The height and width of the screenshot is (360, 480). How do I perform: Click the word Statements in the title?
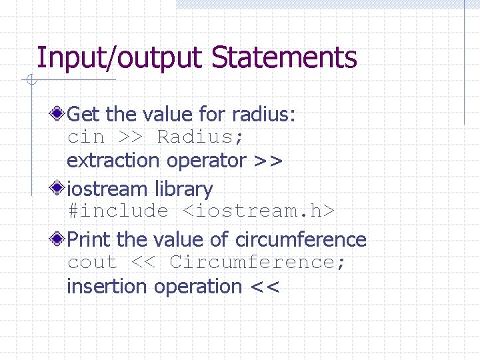click(x=284, y=58)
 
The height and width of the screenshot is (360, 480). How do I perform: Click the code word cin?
click(x=86, y=137)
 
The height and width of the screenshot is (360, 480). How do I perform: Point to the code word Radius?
click(x=200, y=137)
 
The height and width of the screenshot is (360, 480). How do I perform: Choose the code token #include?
click(x=118, y=212)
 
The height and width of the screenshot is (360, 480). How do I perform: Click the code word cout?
click(x=92, y=263)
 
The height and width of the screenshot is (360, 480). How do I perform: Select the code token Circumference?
click(x=258, y=263)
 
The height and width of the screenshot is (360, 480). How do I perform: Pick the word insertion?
click(x=107, y=287)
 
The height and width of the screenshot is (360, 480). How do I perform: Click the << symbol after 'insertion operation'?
click(x=265, y=287)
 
